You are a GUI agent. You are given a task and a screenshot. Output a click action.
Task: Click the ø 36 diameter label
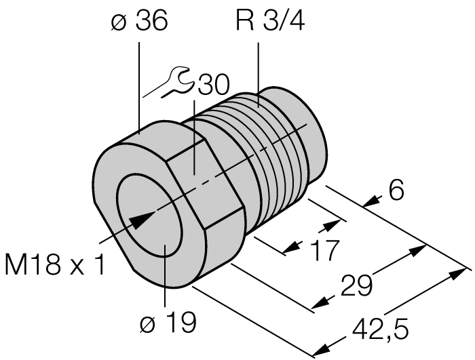click(139, 22)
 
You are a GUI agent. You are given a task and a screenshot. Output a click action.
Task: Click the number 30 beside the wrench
click(213, 86)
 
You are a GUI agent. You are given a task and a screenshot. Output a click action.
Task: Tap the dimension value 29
click(354, 285)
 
